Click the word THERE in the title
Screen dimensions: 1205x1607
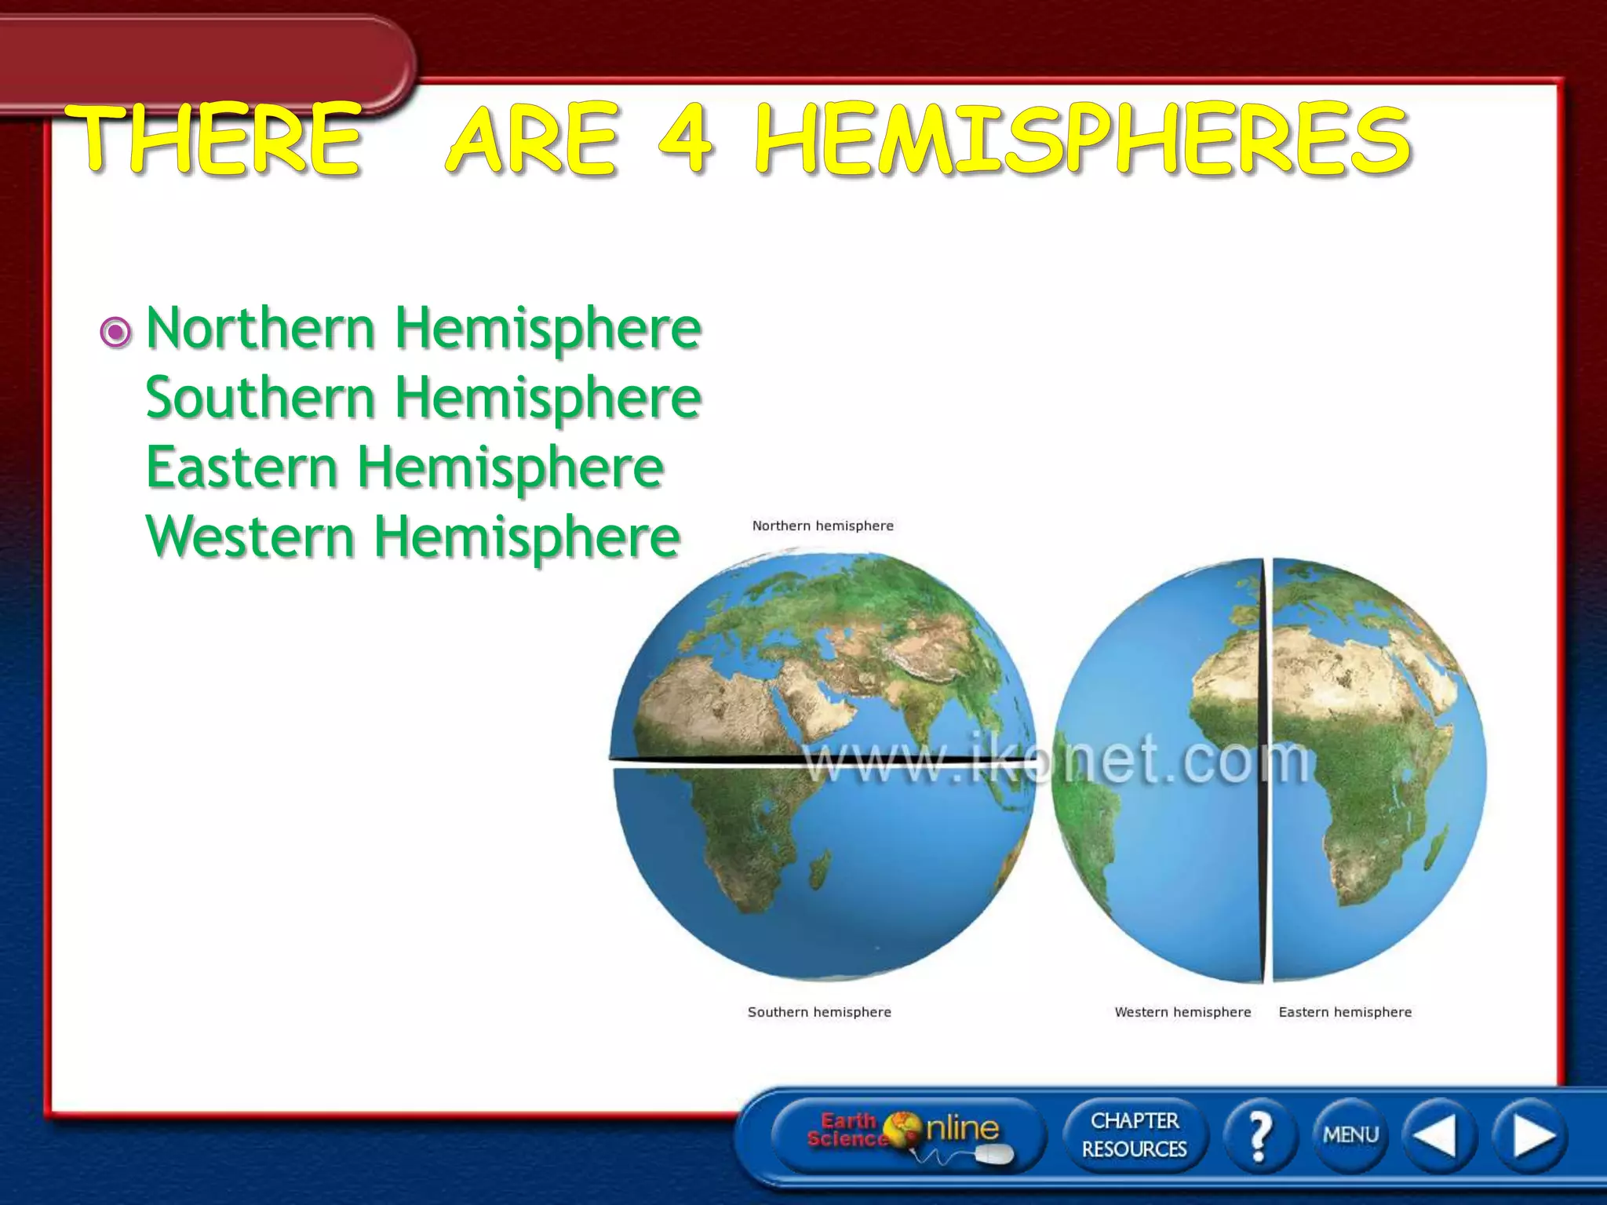(213, 138)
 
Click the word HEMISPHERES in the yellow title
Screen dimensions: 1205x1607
(1083, 140)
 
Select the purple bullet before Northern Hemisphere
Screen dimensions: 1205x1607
(116, 333)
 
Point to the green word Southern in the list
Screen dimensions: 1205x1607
(261, 397)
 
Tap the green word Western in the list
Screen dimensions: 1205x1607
(251, 537)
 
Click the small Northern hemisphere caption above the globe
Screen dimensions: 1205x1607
(822, 526)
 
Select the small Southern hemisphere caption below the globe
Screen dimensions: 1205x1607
(819, 1012)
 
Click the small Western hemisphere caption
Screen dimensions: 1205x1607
(1182, 1012)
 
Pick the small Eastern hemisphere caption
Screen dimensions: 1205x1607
(1345, 1012)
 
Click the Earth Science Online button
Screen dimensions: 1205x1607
(906, 1134)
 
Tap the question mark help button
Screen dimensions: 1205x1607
(1259, 1134)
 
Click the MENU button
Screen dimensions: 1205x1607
(1350, 1134)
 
